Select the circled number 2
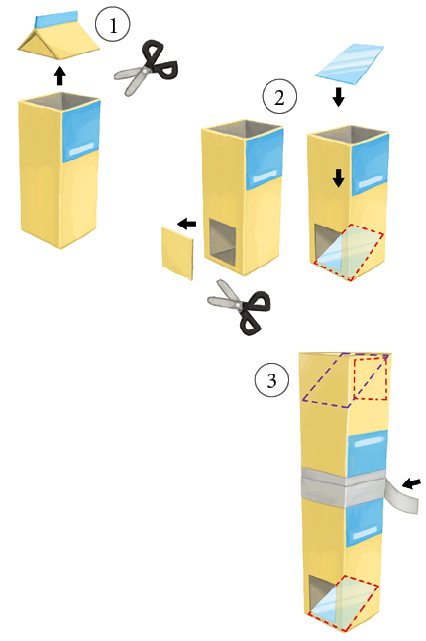(279, 97)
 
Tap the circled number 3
(271, 379)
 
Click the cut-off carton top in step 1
(58, 37)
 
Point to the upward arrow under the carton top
(60, 76)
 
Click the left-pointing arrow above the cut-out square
(187, 224)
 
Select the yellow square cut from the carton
(178, 253)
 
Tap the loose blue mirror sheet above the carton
(350, 63)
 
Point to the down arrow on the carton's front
(338, 178)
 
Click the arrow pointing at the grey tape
(411, 484)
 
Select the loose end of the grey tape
(401, 496)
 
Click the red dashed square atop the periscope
(371, 378)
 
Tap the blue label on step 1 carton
(82, 132)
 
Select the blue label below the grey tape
(366, 523)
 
